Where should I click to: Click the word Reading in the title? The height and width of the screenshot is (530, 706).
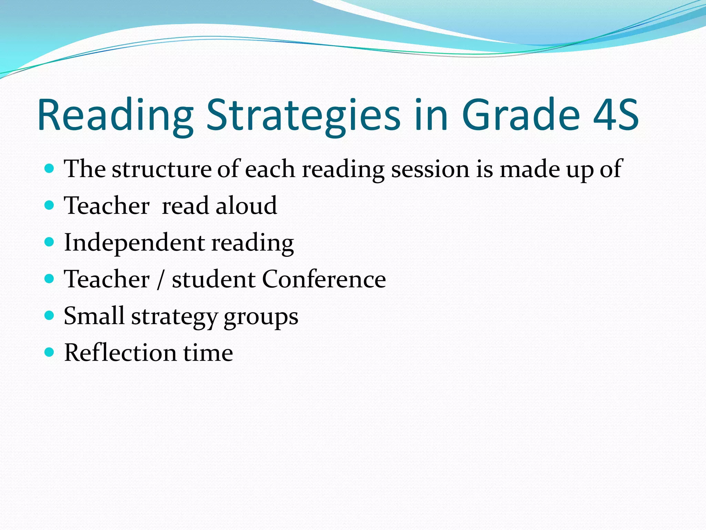point(115,116)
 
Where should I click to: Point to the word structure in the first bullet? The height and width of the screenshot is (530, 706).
point(161,169)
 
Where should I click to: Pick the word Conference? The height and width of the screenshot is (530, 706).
point(324,279)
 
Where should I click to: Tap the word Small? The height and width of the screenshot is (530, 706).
point(94,316)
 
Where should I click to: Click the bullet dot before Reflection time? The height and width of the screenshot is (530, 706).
point(50,352)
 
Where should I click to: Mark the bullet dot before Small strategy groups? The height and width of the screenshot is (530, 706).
point(50,315)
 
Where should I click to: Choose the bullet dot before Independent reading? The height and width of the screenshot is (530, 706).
point(50,242)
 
